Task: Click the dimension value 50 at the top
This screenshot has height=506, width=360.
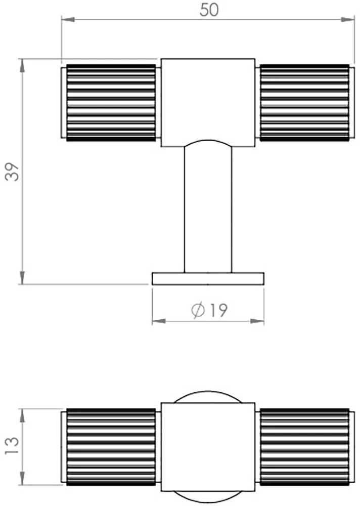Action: [209, 10]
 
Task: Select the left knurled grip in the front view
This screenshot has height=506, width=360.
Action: [110, 103]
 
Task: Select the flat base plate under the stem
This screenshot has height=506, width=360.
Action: [208, 278]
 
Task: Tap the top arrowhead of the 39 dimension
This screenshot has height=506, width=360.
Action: [22, 65]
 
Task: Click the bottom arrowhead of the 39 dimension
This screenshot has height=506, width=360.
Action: [22, 278]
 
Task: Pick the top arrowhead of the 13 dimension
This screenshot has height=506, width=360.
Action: [22, 414]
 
